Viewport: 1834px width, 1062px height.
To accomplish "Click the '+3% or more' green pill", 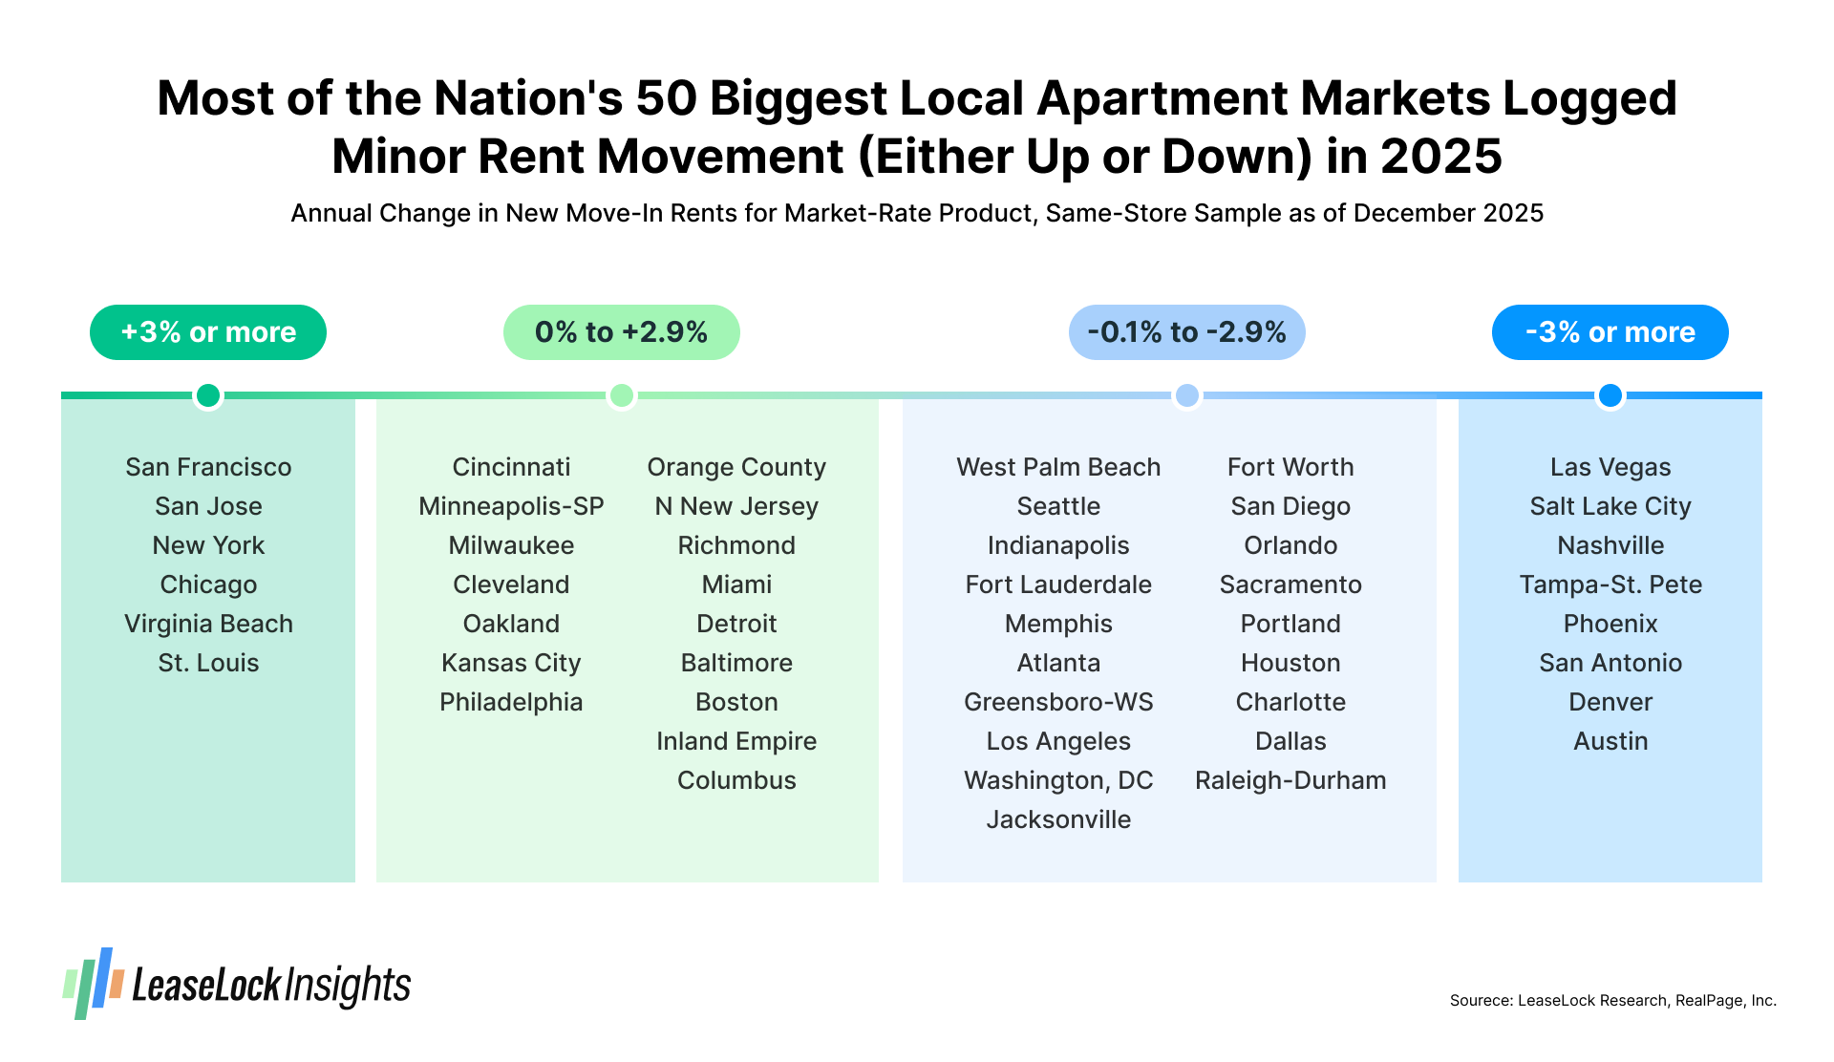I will pyautogui.click(x=208, y=332).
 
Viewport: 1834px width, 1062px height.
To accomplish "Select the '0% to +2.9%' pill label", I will pyautogui.click(x=621, y=332).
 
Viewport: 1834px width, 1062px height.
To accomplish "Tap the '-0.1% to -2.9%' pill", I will pyautogui.click(x=1186, y=332).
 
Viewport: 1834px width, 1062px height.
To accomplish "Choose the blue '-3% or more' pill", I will pyautogui.click(x=1610, y=332).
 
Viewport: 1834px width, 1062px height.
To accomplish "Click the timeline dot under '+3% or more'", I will pyautogui.click(x=208, y=395).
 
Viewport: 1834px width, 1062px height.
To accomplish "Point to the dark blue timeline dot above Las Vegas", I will pyautogui.click(x=1610, y=395).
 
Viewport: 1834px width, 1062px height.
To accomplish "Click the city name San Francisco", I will pyautogui.click(x=208, y=467).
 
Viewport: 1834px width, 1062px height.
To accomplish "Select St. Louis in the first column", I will pyautogui.click(x=208, y=663).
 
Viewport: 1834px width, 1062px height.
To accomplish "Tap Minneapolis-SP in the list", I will pyautogui.click(x=511, y=506).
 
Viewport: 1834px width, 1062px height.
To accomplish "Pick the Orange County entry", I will pyautogui.click(x=736, y=467).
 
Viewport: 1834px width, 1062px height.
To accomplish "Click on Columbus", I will pyautogui.click(x=736, y=780).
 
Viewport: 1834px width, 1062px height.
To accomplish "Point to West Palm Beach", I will pyautogui.click(x=1058, y=467).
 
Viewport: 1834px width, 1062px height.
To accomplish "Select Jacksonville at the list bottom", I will pyautogui.click(x=1058, y=819).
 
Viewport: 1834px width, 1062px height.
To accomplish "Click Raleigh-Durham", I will pyautogui.click(x=1290, y=780).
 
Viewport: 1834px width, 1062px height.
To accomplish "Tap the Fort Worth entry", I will pyautogui.click(x=1290, y=467).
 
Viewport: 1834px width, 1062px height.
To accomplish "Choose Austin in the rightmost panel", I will pyautogui.click(x=1610, y=741).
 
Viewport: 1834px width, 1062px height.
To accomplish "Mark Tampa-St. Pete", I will pyautogui.click(x=1610, y=584).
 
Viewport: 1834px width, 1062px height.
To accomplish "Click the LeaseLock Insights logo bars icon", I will pyautogui.click(x=94, y=984).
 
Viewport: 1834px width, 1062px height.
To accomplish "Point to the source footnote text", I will pyautogui.click(x=1612, y=1001).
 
